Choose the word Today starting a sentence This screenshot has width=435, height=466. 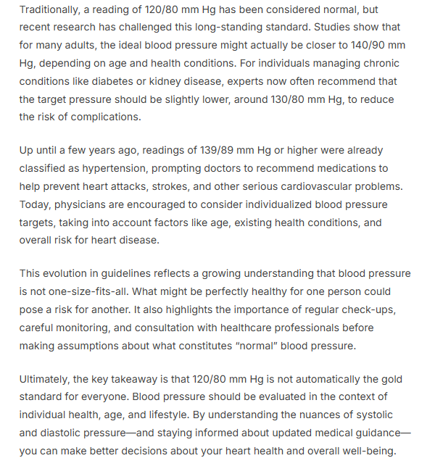pyautogui.click(x=35, y=205)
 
